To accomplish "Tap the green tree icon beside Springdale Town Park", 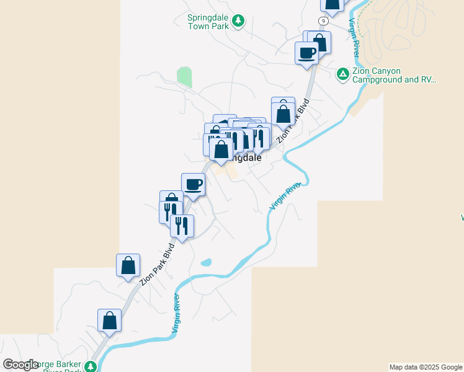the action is (x=238, y=22).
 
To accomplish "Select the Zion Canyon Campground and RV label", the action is (x=394, y=75).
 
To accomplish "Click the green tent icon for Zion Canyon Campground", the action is (x=342, y=75).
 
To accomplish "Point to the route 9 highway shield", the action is (x=323, y=21).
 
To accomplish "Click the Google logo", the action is (x=21, y=365).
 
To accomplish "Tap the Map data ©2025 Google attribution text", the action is (x=426, y=367).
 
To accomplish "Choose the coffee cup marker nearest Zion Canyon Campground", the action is (x=306, y=53).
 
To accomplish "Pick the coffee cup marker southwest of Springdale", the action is (x=193, y=184).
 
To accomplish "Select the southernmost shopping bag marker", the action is (x=109, y=321).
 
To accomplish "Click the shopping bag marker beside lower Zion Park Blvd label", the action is (x=128, y=265).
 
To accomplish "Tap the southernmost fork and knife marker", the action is (x=182, y=225).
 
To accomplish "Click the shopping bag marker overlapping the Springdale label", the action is (x=221, y=149).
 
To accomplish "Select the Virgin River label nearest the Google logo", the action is (x=177, y=316).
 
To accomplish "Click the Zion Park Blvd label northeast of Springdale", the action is (x=293, y=120).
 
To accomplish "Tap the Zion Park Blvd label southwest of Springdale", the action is (x=157, y=262).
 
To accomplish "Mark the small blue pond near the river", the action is (x=205, y=262).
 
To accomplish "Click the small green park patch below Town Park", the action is (x=184, y=77).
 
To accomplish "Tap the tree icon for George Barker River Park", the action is (x=91, y=366).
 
